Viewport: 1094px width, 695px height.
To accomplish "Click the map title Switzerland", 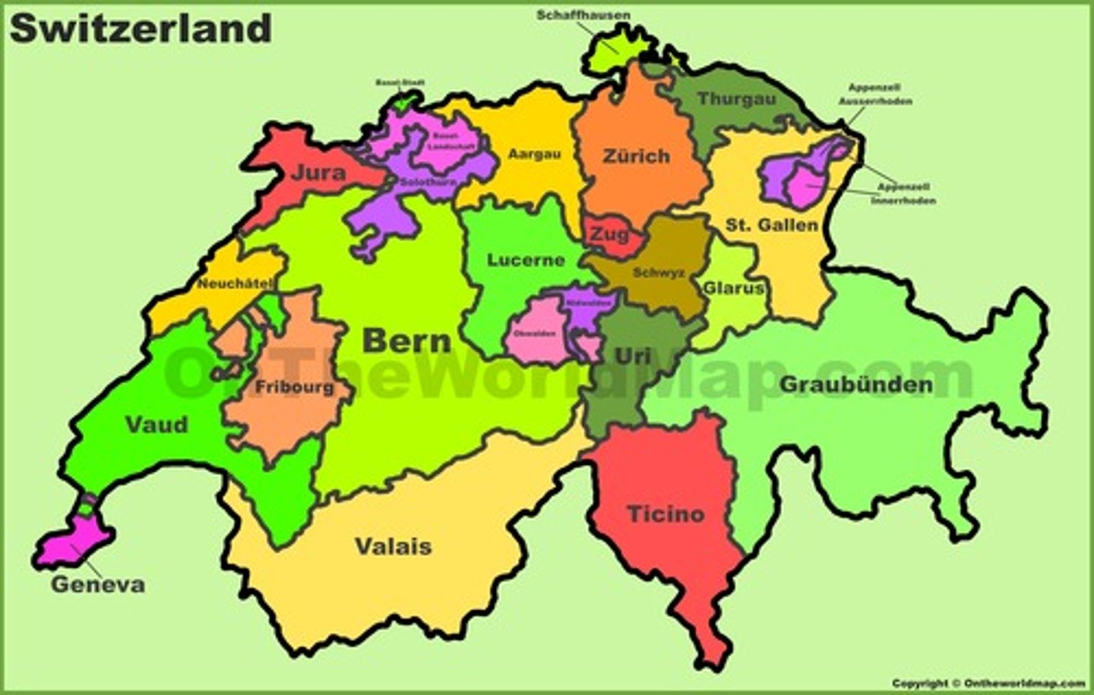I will coord(141,29).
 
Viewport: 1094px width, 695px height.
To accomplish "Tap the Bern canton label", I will coord(406,341).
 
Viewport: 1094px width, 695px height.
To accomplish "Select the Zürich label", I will coord(637,156).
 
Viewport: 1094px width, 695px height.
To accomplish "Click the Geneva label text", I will coord(97,585).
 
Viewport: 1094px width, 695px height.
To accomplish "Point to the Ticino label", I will coord(666,514).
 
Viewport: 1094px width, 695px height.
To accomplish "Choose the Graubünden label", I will coord(856,384).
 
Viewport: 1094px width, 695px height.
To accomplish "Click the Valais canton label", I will coord(393,546).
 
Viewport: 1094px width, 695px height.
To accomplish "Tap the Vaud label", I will coord(157,425).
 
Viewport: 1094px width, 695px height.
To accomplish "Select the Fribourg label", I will coord(294,387).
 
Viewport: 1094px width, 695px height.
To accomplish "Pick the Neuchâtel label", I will coord(235,284).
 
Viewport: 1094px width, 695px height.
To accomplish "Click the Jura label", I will coord(318,173).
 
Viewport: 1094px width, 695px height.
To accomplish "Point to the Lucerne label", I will coord(526,261).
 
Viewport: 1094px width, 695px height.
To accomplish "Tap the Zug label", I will coord(609,235).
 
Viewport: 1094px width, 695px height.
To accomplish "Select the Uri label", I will coord(632,355).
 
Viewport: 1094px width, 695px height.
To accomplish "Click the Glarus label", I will coord(733,289).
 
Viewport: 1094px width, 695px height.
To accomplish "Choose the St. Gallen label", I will coord(771,225).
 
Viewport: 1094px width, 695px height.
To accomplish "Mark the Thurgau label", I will coord(737,99).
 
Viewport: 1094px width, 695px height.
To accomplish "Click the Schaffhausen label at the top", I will coord(583,15).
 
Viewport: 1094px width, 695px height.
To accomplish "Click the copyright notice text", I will coord(988,684).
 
